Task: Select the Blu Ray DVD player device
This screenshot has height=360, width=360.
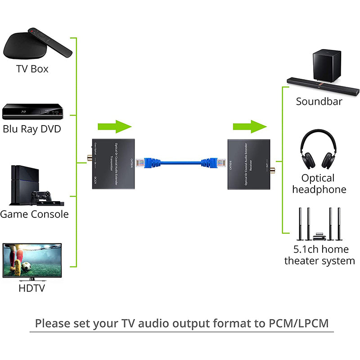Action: click(31, 112)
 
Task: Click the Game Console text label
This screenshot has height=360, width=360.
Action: click(34, 214)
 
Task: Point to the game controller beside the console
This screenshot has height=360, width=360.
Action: click(40, 197)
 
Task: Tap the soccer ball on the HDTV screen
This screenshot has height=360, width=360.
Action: click(27, 266)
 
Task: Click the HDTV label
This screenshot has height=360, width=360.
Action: click(31, 288)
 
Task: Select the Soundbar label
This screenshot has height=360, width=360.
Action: click(319, 102)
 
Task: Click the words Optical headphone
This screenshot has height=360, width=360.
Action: click(319, 184)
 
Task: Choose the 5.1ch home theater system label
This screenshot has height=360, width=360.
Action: click(319, 255)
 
